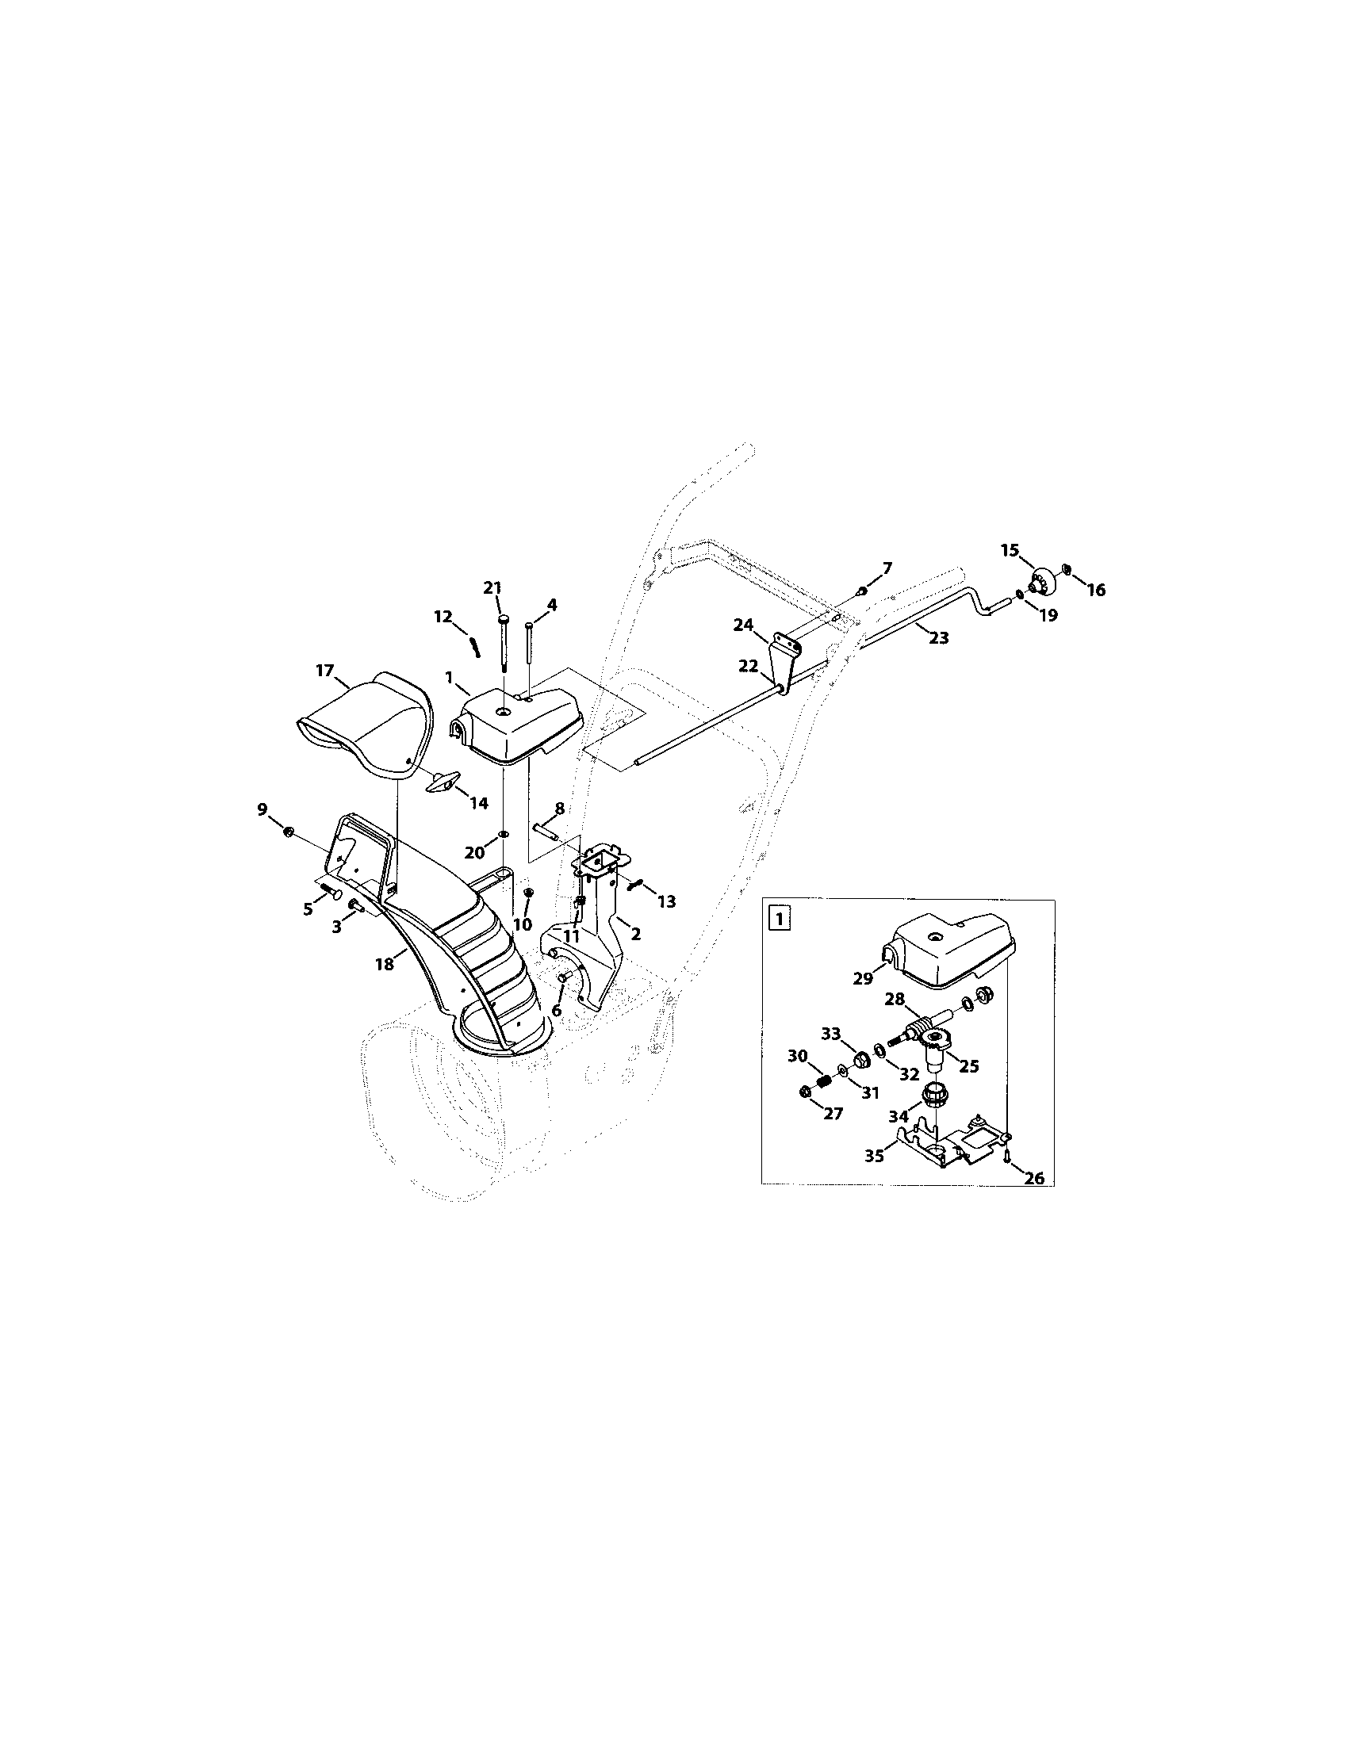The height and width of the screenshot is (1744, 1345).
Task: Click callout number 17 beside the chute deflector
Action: pos(324,670)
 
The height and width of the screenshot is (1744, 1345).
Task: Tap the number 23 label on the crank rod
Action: pos(938,637)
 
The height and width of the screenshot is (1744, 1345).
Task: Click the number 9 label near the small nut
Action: pos(262,809)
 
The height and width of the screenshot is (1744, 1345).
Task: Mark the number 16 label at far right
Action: pos(1095,589)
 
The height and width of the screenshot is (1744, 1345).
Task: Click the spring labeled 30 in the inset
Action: pos(823,1083)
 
